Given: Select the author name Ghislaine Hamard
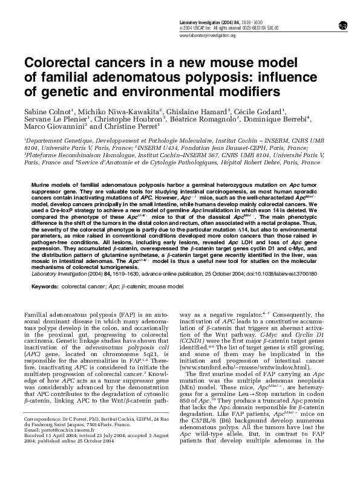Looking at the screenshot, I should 197,112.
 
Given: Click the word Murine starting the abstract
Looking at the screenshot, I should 40,182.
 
